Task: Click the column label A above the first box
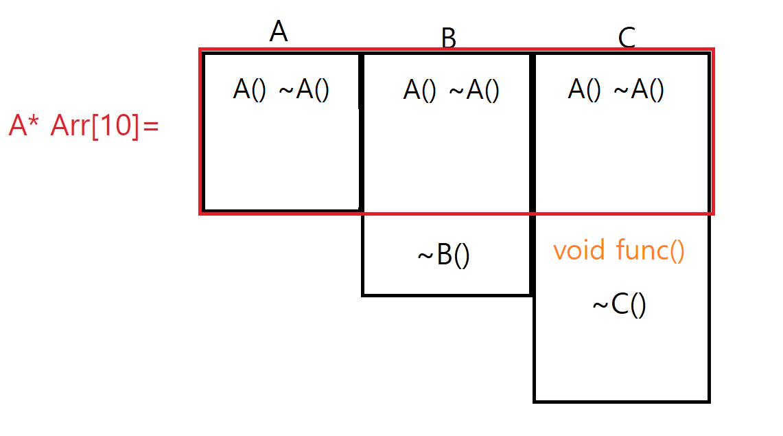coord(278,32)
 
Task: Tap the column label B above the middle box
coord(448,39)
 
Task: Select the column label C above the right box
coord(627,39)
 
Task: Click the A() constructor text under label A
coord(249,91)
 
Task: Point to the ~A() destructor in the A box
coord(304,91)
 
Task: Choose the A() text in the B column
coord(419,91)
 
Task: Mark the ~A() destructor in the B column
coord(474,91)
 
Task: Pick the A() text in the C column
coord(585,90)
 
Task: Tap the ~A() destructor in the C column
coord(638,90)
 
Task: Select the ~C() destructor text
coord(619,306)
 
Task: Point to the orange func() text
coord(650,251)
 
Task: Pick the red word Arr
coord(68,127)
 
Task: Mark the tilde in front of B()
coord(424,257)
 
